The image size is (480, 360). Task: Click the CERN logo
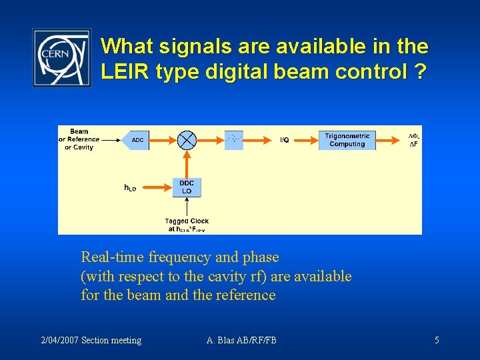(x=62, y=57)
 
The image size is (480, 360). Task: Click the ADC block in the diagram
(x=137, y=140)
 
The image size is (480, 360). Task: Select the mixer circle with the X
(x=187, y=140)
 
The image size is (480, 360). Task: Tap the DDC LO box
(x=187, y=187)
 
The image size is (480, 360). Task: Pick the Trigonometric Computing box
(x=347, y=140)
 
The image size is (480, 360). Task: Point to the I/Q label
(x=284, y=140)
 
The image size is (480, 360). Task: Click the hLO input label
(x=131, y=188)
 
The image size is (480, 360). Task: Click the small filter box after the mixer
(x=234, y=139)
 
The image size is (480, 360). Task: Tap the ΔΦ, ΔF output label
(x=413, y=139)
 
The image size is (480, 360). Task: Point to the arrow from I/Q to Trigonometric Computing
(x=305, y=140)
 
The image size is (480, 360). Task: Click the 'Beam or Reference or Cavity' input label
(x=79, y=139)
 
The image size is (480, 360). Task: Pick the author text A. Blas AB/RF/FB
(x=241, y=341)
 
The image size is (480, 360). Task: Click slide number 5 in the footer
(x=437, y=341)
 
